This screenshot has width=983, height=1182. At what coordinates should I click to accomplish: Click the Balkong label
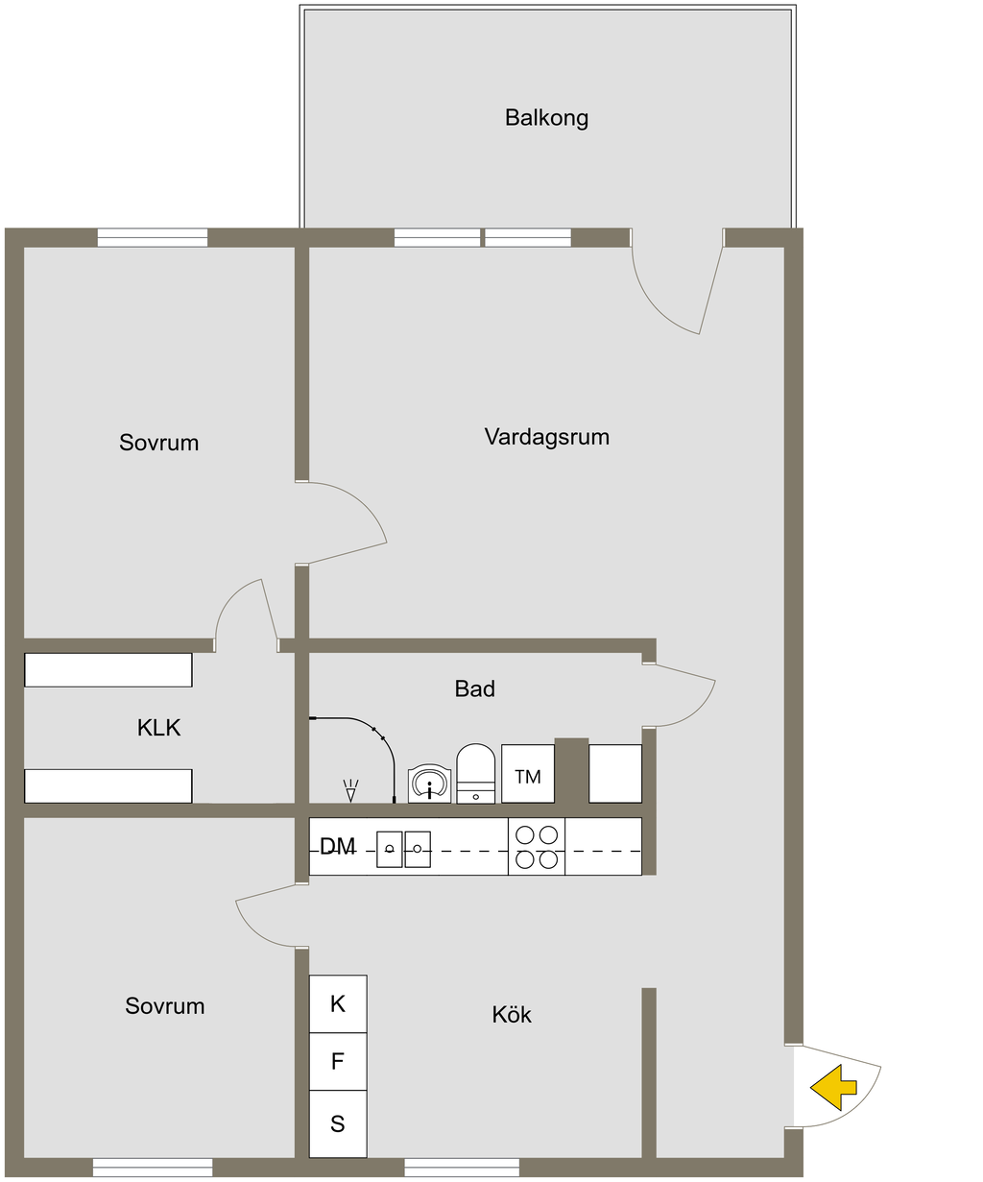coord(546,118)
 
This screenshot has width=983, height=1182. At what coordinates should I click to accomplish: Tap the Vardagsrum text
coord(546,437)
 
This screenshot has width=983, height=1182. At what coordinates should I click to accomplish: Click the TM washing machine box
coord(527,774)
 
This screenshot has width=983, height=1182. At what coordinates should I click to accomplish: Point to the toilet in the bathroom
coord(475,773)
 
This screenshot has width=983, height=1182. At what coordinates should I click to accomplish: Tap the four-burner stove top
coord(537,847)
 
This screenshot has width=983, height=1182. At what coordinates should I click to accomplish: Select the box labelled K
coord(337,1004)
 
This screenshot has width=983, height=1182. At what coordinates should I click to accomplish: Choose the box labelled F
coord(337,1061)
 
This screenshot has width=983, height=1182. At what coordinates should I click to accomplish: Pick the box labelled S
coord(337,1123)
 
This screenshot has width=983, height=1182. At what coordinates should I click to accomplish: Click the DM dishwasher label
coord(337,847)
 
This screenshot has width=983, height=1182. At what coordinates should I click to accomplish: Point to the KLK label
coord(158,728)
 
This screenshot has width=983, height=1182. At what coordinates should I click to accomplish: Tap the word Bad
coord(474,688)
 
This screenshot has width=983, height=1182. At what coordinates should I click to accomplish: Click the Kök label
coord(511,1015)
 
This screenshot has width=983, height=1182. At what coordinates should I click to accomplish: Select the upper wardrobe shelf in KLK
coord(108,670)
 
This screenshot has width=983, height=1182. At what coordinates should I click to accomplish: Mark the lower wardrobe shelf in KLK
coord(108,785)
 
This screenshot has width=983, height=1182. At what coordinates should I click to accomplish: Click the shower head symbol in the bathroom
coord(350,790)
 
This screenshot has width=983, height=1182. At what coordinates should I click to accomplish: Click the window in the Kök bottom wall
coord(461,1168)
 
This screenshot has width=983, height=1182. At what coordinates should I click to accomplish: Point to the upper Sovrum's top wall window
coord(153,237)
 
